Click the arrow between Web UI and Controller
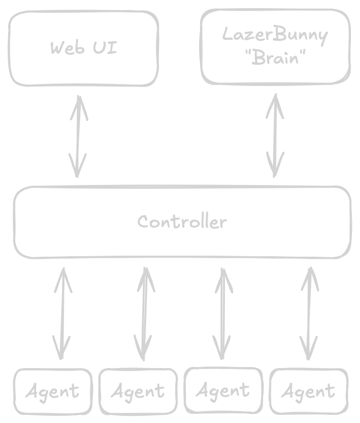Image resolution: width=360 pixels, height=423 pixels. point(78,136)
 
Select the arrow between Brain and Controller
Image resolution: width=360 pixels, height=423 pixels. point(275,135)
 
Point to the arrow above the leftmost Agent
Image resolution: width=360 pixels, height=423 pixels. point(63,313)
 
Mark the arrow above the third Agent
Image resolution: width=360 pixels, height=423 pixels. point(222,313)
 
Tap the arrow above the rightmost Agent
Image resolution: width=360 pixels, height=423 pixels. point(309,313)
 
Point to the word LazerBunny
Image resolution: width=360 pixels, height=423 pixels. point(275,35)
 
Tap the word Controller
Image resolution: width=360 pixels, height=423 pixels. point(182,222)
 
